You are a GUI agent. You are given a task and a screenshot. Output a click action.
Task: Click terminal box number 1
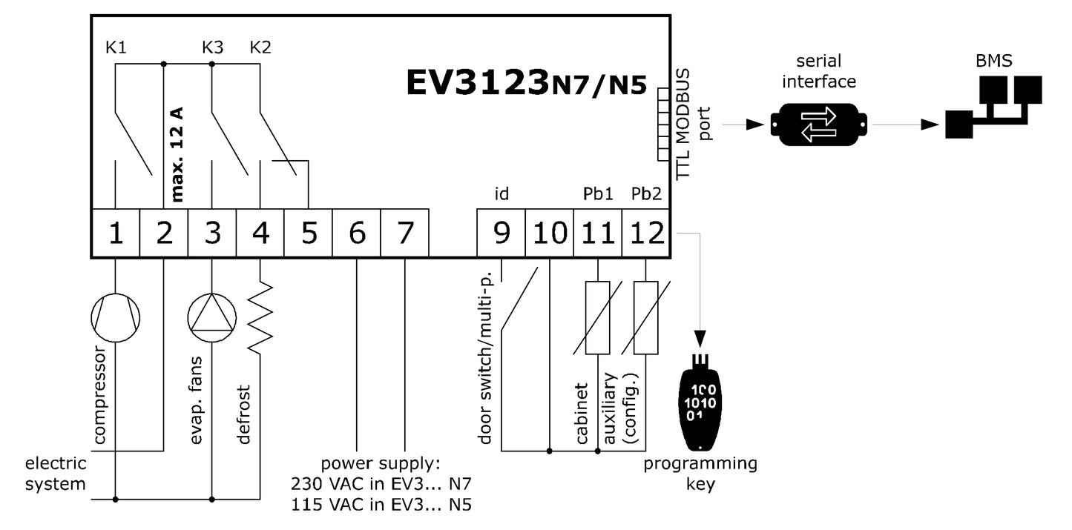tap(116, 233)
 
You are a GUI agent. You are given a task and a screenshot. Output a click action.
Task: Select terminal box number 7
tap(404, 233)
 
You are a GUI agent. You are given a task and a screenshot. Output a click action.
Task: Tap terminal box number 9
tap(501, 233)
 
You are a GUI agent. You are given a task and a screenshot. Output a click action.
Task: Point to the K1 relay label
tap(116, 48)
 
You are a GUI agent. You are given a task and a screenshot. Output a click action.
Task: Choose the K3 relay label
tap(212, 48)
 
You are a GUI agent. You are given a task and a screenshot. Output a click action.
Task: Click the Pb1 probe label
tap(598, 194)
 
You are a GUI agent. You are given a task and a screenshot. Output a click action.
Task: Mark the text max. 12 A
tap(177, 155)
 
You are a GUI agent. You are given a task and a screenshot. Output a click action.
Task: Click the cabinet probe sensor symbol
tap(598, 317)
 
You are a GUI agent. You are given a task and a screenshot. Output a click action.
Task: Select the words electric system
tap(56, 474)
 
